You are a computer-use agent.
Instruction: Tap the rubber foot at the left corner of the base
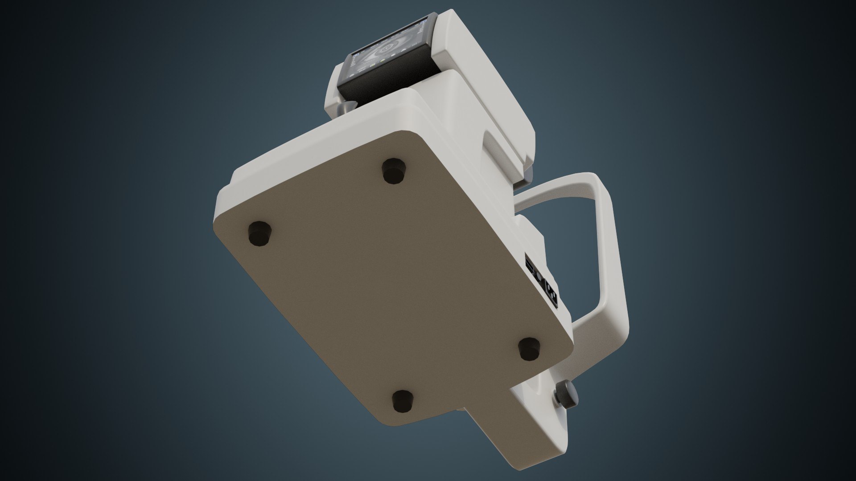tap(259, 233)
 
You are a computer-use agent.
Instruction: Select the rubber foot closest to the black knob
tap(530, 348)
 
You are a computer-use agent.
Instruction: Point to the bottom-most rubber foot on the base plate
tap(403, 400)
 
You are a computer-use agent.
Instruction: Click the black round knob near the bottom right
tap(565, 393)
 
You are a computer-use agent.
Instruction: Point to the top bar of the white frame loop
tap(557, 189)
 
